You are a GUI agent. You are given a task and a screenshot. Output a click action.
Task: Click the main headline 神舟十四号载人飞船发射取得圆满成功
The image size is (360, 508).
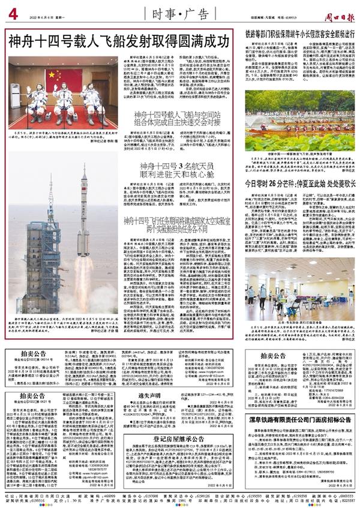[119, 42]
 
